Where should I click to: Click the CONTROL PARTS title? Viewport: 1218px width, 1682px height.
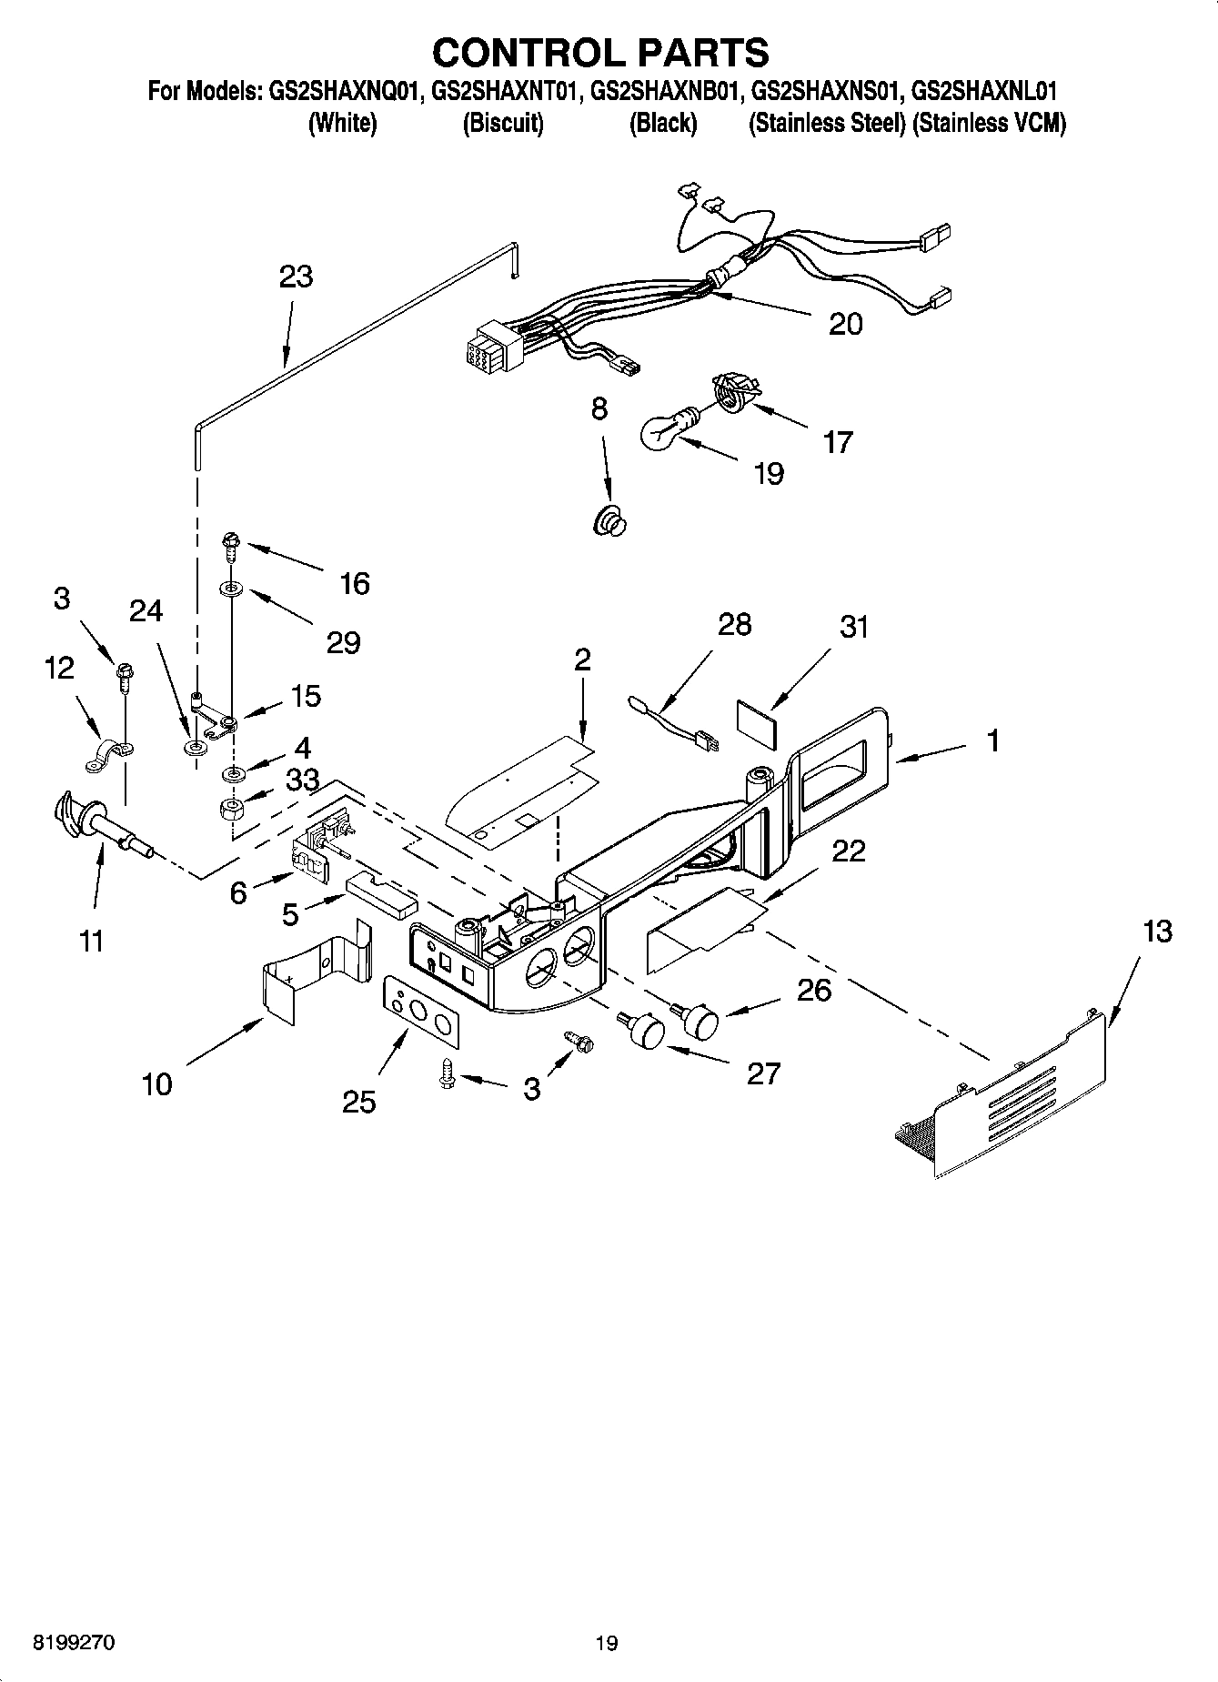[600, 53]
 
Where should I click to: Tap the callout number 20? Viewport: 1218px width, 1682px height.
[845, 325]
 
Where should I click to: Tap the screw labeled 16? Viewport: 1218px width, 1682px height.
[228, 546]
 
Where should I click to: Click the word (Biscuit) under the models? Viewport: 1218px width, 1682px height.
[503, 124]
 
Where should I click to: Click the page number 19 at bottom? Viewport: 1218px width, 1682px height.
[607, 1643]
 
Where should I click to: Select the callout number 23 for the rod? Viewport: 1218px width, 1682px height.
[297, 277]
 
